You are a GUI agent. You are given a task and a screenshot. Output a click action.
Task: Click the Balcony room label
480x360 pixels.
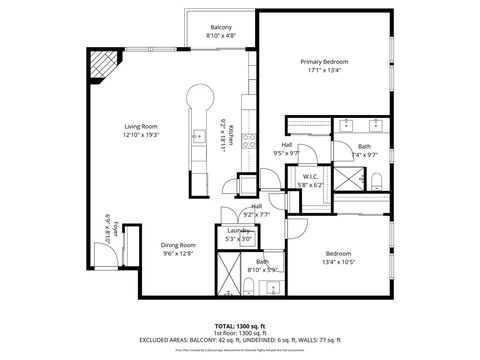[221, 30]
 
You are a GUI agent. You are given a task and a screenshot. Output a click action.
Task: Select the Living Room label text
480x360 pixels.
[140, 130]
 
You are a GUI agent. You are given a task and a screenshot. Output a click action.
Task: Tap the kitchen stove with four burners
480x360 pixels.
[248, 143]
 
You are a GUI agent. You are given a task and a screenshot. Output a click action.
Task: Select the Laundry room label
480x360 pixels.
[238, 234]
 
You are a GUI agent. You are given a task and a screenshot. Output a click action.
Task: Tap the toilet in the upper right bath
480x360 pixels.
[379, 180]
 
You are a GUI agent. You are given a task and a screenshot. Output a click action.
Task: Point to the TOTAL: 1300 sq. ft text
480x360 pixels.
[240, 326]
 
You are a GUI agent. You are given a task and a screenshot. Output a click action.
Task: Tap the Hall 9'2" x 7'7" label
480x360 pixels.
[257, 211]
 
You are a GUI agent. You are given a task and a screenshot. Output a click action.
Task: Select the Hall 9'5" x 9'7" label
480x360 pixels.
[287, 149]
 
